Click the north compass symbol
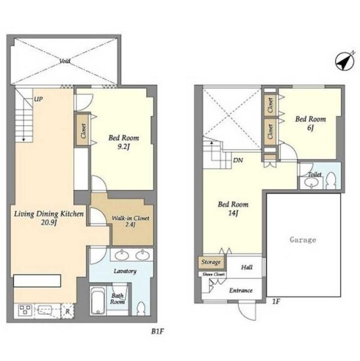(344, 61)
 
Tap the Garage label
(302, 240)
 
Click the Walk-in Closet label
(131, 218)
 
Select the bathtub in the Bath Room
(98, 301)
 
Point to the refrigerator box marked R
(68, 311)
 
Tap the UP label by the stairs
(38, 99)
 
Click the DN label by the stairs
(238, 160)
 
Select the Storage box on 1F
(211, 262)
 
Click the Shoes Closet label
(213, 275)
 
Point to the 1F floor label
(276, 302)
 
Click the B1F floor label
(158, 332)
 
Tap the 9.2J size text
(124, 147)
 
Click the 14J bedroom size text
(233, 213)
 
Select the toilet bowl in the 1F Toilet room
(331, 180)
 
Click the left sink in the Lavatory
(122, 255)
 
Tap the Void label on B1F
(65, 61)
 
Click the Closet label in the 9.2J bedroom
(83, 131)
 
